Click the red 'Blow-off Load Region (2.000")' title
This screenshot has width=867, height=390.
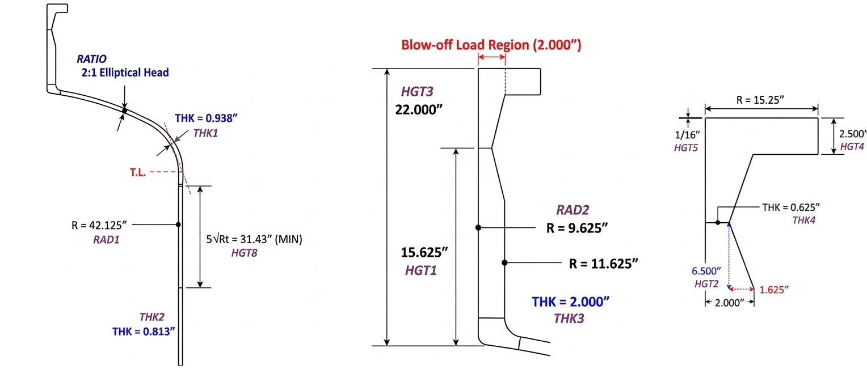(491, 45)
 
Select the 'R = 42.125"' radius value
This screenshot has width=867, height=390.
(100, 225)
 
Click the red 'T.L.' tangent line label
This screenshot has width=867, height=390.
(138, 172)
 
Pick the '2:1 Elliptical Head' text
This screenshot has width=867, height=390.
(124, 73)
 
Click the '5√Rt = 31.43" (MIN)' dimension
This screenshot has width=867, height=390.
(254, 239)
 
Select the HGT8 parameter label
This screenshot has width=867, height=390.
(244, 253)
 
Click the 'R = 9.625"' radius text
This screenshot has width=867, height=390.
(577, 228)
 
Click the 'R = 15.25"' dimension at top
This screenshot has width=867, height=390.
(760, 100)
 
